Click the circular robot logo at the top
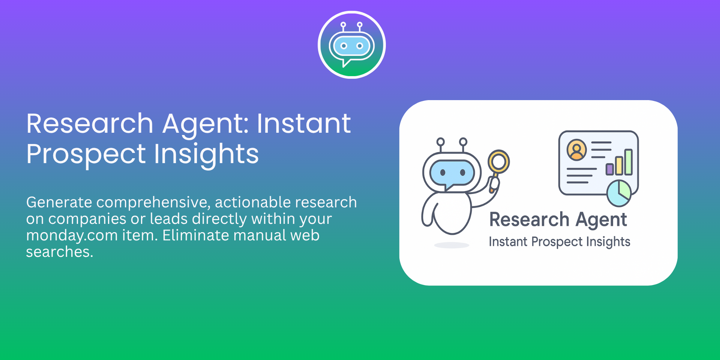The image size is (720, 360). (x=352, y=45)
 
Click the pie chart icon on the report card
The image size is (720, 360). (x=619, y=193)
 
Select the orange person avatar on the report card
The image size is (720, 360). (x=576, y=150)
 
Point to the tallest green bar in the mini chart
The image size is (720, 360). (x=628, y=162)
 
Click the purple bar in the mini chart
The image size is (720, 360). (x=610, y=169)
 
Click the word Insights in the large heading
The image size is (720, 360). (x=206, y=154)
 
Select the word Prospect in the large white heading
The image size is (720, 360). (x=86, y=154)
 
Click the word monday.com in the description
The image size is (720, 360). (x=72, y=236)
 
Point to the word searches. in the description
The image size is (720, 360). (x=60, y=252)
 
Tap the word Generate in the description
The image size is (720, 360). (x=59, y=202)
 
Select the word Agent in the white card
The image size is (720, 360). (x=601, y=220)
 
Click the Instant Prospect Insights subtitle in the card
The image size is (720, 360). (x=559, y=242)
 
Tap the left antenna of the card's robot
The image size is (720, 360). (x=441, y=145)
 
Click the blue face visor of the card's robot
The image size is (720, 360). (x=452, y=173)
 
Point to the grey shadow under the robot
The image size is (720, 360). (x=451, y=245)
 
